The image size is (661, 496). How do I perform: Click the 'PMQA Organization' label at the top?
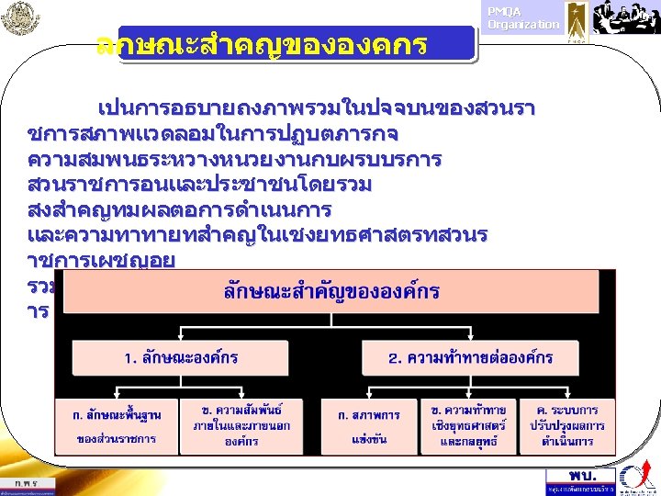click(x=522, y=18)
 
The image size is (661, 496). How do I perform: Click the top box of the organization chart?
click(x=331, y=292)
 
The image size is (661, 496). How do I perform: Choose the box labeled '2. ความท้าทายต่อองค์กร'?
click(x=470, y=356)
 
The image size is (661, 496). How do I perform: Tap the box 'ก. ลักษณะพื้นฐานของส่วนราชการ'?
click(x=115, y=426)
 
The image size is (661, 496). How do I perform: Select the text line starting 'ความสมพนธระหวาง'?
click(x=234, y=160)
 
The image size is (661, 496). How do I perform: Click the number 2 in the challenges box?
click(x=393, y=356)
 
